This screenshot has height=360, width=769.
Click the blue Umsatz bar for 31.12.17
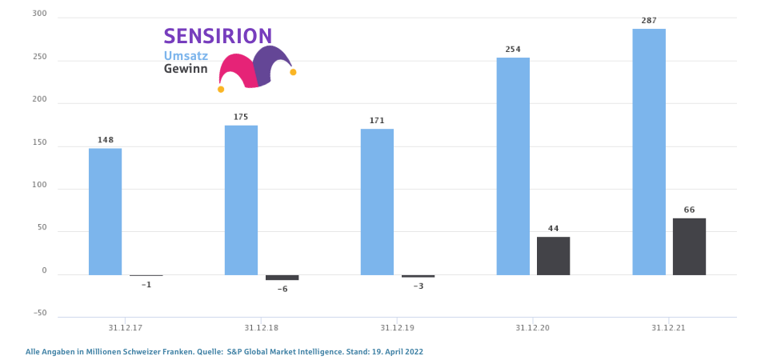click(x=105, y=211)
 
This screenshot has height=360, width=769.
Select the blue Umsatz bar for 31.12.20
click(x=513, y=166)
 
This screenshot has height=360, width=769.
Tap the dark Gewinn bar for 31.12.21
click(x=689, y=246)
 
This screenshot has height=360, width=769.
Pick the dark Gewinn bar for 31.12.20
click(x=553, y=255)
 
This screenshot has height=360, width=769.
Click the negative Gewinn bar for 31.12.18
click(x=282, y=277)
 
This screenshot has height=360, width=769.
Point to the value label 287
click(x=649, y=20)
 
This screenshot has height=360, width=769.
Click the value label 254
click(x=513, y=50)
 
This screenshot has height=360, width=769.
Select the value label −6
click(x=282, y=289)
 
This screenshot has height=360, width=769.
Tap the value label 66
click(x=689, y=210)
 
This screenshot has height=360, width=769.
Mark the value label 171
click(x=377, y=121)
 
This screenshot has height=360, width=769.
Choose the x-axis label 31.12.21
click(x=669, y=327)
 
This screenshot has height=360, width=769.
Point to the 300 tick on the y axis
click(x=40, y=14)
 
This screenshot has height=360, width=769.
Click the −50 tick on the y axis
click(x=40, y=313)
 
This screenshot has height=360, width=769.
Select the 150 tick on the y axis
click(x=40, y=142)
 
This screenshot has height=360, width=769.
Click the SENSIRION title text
click(x=218, y=36)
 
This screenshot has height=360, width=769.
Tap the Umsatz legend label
click(x=186, y=56)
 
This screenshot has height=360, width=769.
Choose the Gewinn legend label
click(x=186, y=70)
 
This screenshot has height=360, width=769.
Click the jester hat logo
click(x=256, y=68)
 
